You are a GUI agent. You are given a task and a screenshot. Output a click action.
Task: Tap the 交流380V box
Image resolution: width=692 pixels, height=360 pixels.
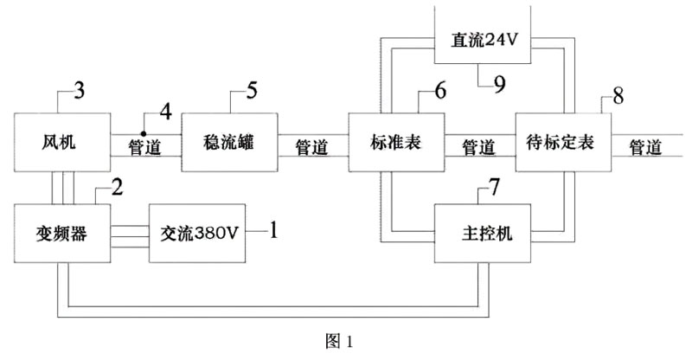[198, 233]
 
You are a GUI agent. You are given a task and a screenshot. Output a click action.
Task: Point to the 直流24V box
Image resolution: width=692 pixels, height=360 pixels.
[483, 39]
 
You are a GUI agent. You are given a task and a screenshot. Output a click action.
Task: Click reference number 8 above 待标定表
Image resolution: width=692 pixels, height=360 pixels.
[618, 96]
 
